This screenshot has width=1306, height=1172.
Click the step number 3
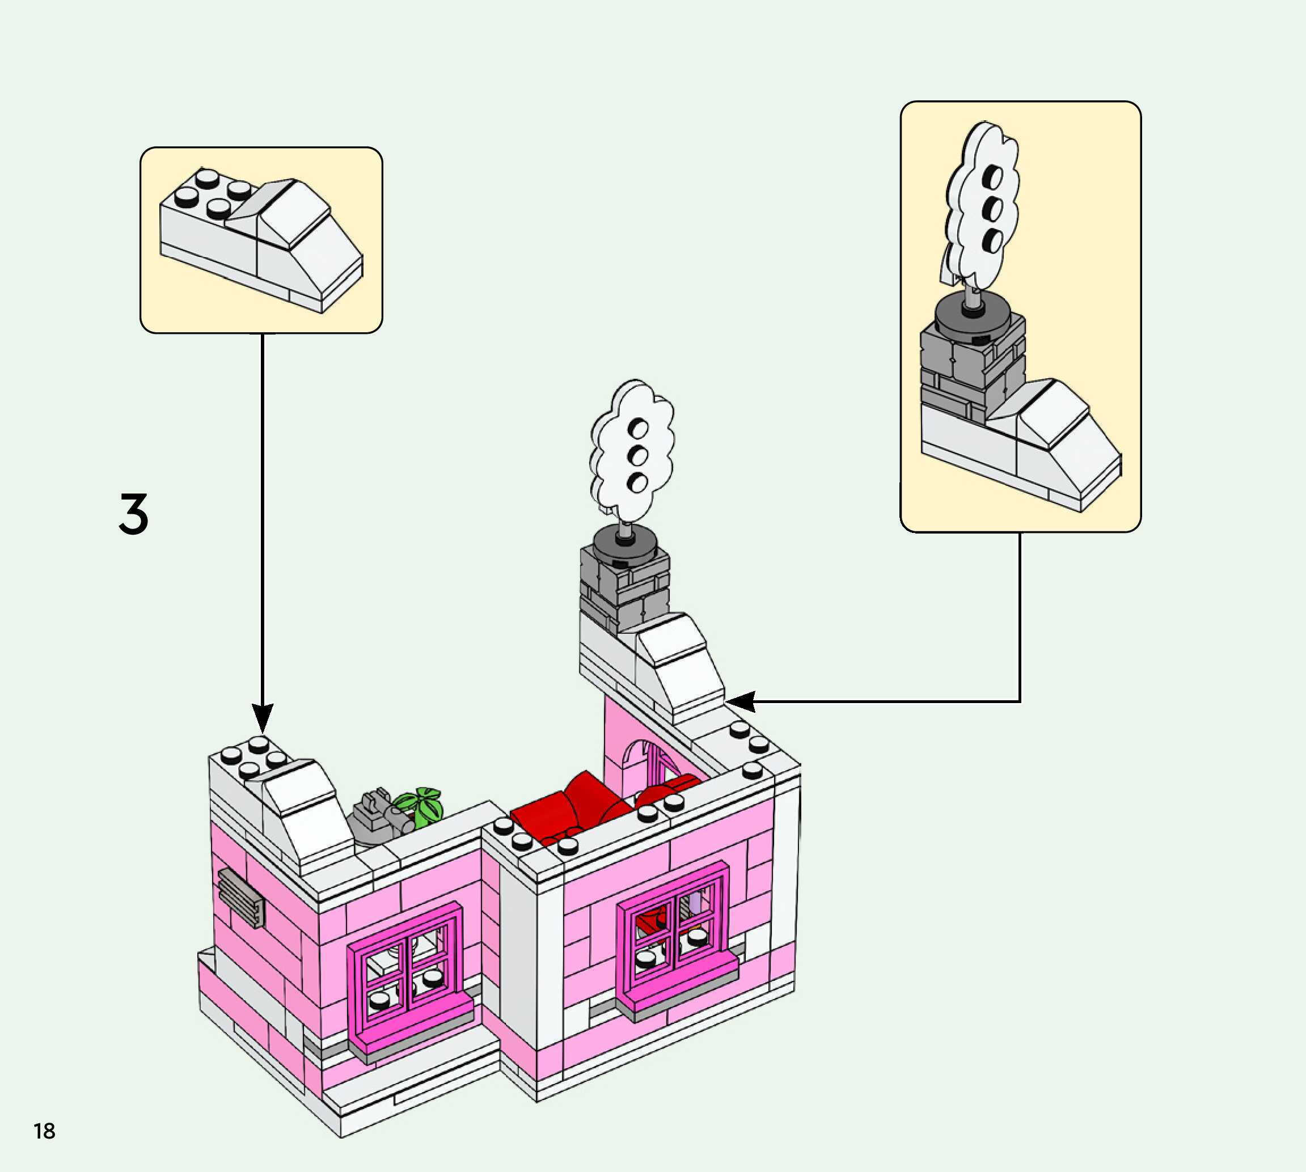coord(134,514)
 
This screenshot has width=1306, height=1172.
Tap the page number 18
coord(44,1131)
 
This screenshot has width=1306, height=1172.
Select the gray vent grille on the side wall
coord(241,897)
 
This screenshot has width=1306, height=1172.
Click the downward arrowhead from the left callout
coord(262,718)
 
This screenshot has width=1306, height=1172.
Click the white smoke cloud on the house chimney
coord(632,451)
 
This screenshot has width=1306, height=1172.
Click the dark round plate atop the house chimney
coord(625,542)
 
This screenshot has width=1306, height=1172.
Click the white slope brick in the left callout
coord(295,244)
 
